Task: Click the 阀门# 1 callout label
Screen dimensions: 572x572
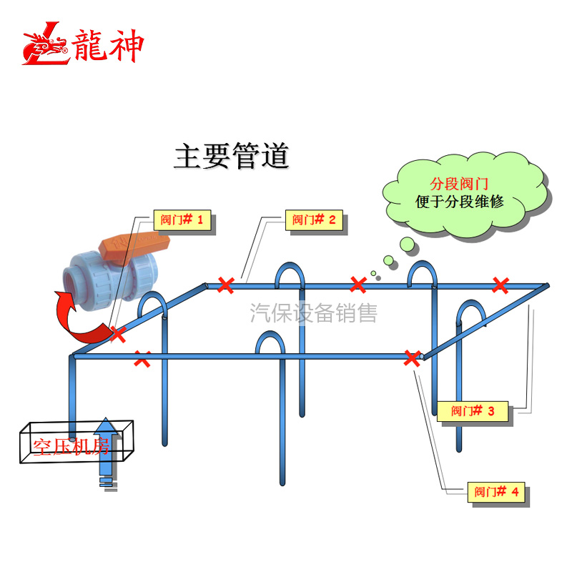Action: click(182, 220)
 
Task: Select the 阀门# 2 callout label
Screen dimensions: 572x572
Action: click(314, 220)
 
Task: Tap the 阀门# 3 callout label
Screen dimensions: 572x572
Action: click(473, 411)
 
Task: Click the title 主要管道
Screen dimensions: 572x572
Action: click(231, 157)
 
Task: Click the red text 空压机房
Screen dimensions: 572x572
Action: click(70, 447)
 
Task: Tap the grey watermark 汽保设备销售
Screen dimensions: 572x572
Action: click(312, 312)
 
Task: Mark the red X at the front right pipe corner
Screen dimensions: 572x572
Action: click(412, 358)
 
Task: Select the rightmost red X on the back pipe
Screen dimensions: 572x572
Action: click(500, 285)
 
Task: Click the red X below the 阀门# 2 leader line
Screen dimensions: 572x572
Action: click(226, 285)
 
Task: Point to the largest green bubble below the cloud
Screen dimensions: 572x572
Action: click(408, 245)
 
